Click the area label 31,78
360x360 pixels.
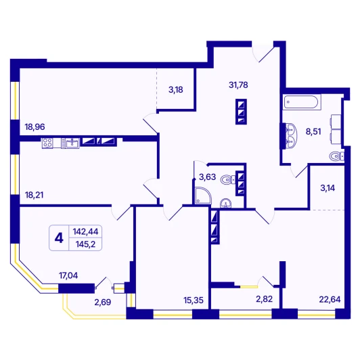pyautogui.click(x=238, y=85)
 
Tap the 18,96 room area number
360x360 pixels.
pyautogui.click(x=35, y=127)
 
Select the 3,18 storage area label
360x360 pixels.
pyautogui.click(x=176, y=90)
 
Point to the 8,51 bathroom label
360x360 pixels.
pyautogui.click(x=313, y=132)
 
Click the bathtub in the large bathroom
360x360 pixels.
pyautogui.click(x=301, y=102)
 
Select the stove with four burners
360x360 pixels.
pyautogui.click(x=47, y=143)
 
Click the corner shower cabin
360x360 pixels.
pyautogui.click(x=204, y=196)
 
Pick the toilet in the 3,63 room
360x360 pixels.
pyautogui.click(x=228, y=179)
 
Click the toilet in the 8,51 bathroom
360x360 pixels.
pyautogui.click(x=336, y=156)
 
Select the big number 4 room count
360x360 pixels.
pyautogui.click(x=59, y=238)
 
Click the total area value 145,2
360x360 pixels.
pyautogui.click(x=85, y=244)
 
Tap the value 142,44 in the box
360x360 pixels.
pyautogui.click(x=85, y=231)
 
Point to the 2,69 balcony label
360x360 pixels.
pyautogui.click(x=103, y=302)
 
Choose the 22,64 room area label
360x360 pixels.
pyautogui.click(x=330, y=300)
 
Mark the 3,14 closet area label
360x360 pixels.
pyautogui.click(x=328, y=188)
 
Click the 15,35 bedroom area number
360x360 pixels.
pyautogui.click(x=194, y=300)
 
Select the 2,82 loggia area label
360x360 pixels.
pyautogui.click(x=265, y=299)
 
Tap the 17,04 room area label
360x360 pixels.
pyautogui.click(x=68, y=275)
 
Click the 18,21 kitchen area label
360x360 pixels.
pyautogui.click(x=34, y=195)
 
